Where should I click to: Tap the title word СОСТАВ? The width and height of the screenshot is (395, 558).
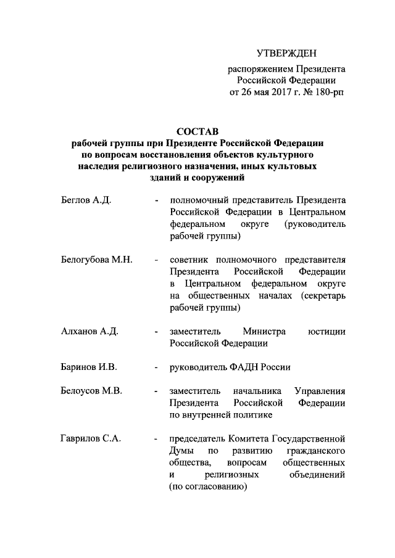pyautogui.click(x=197, y=131)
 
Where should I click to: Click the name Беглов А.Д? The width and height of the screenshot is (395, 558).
pyautogui.click(x=86, y=201)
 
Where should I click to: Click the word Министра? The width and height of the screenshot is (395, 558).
pyautogui.click(x=264, y=332)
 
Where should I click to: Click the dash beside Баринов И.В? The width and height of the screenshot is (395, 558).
pyautogui.click(x=157, y=367)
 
